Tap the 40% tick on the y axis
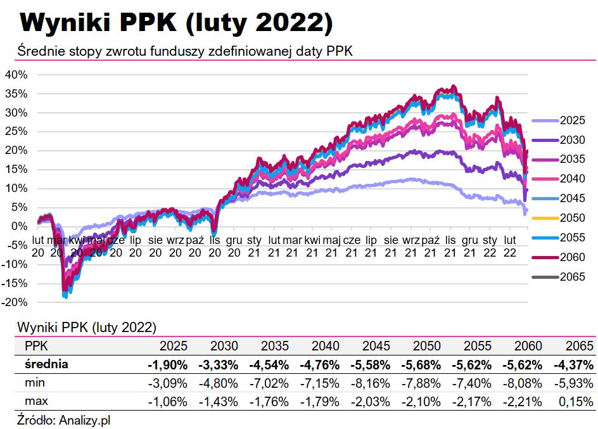coord(16,74)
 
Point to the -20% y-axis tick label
coord(15,302)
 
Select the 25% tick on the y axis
coord(16,131)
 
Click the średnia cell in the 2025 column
coord(167,365)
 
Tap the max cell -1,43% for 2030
coord(219,402)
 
